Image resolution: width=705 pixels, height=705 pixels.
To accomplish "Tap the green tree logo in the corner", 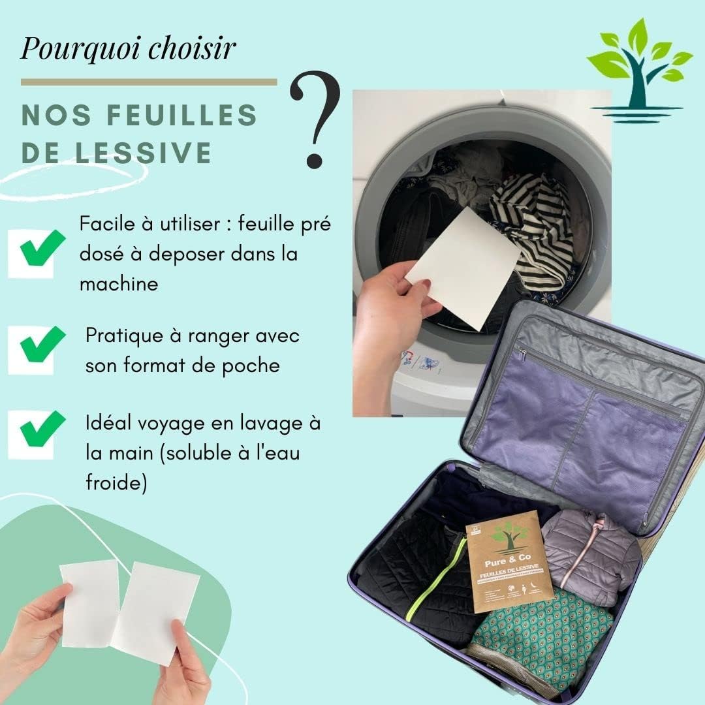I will pos(638,69).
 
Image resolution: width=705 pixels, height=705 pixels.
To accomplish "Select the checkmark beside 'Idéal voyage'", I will pos(40,428).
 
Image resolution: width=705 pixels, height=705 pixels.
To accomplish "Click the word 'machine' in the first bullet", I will pos(118,285).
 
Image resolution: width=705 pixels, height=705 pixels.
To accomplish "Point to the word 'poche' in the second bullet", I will pos(251,366).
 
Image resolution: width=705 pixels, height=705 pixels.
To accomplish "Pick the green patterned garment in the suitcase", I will pos(542,633).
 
